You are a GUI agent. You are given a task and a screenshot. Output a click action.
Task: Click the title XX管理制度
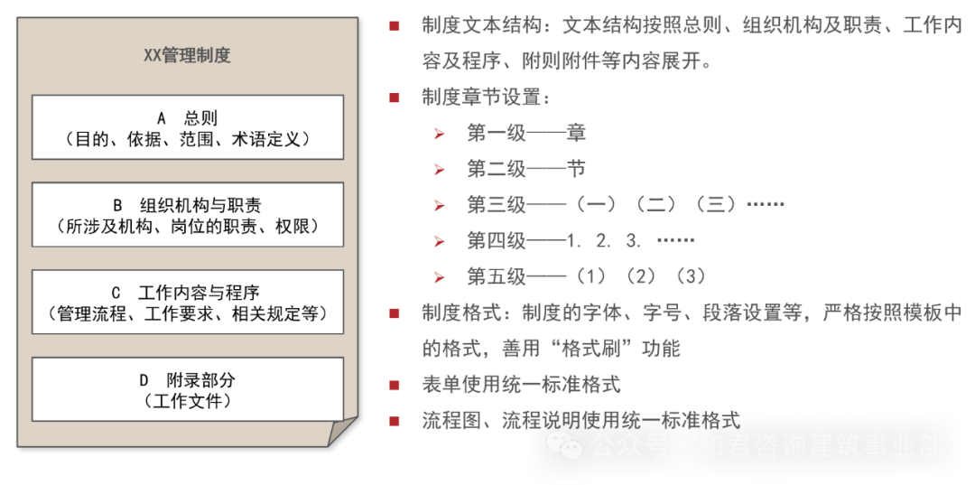click(187, 55)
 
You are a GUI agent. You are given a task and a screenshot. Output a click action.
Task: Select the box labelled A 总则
click(187, 127)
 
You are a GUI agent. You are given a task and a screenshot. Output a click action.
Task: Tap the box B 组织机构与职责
click(187, 214)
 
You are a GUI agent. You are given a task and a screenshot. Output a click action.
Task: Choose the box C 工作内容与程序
click(187, 302)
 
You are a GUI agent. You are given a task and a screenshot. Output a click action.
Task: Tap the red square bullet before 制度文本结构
click(395, 25)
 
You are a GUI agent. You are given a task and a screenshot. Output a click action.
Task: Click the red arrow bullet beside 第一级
click(440, 134)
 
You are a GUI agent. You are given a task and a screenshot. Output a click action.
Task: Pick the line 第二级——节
click(525, 169)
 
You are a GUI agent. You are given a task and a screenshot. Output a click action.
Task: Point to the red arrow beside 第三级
click(440, 205)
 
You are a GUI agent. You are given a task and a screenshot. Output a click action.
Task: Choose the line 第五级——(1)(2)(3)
click(586, 276)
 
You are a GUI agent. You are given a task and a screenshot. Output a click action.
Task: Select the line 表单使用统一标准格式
click(520, 385)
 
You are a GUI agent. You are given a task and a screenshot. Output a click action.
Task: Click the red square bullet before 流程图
click(395, 421)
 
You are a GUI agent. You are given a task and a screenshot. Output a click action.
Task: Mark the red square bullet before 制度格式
click(395, 313)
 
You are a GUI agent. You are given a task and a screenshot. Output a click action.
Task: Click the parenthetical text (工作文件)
click(187, 401)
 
